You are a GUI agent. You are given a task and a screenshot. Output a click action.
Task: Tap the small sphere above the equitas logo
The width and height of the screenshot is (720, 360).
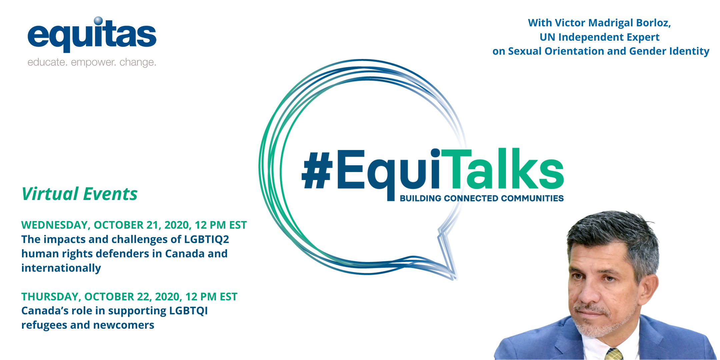[x=98, y=21]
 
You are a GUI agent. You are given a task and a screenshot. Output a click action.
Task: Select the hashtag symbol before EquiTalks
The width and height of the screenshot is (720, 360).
[x=317, y=170]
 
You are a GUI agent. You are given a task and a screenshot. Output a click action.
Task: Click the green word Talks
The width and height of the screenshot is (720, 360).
[x=502, y=169]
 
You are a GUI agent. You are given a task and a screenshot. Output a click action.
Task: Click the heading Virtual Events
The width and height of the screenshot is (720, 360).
[x=79, y=194]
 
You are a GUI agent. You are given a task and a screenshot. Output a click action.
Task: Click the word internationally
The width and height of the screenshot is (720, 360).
[x=61, y=268]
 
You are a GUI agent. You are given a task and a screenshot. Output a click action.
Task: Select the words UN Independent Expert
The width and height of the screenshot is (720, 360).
[x=600, y=37]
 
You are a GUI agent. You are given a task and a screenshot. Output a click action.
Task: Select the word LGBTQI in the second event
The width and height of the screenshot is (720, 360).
[x=188, y=311]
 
